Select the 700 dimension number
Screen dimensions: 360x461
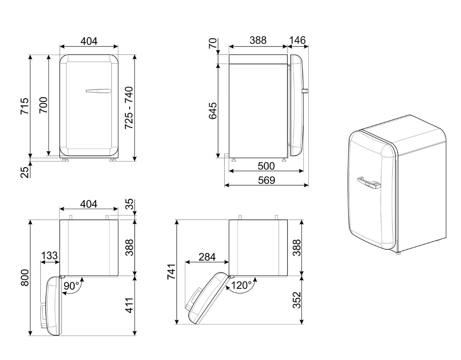[x=43, y=105]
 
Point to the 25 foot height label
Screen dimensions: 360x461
[x=25, y=172]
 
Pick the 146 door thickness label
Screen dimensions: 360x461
[x=297, y=40]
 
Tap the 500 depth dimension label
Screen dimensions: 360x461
[x=266, y=166]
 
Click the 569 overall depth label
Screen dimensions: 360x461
[x=266, y=180]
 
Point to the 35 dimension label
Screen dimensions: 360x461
[x=129, y=205]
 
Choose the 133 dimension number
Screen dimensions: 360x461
[x=49, y=256]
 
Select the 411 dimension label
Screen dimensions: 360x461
[x=129, y=305]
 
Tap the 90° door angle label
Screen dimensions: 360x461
[x=72, y=286]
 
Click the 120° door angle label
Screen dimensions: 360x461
[x=241, y=285]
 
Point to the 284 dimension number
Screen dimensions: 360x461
[x=207, y=257]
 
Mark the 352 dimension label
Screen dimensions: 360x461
[x=296, y=300]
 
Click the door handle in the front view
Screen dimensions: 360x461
[x=98, y=91]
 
